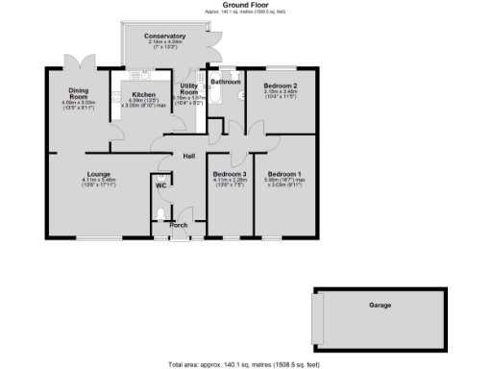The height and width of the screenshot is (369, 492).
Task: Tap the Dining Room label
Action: pos(78,94)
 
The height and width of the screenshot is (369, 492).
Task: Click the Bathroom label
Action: pos(226,83)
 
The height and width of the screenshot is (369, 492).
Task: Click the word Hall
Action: pos(190,155)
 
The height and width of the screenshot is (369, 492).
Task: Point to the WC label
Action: pos(161,185)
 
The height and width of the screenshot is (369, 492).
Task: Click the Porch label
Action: pos(178,225)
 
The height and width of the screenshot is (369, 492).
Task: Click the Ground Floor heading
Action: pos(246,5)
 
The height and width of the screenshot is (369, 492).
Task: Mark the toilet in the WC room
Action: pos(160,214)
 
